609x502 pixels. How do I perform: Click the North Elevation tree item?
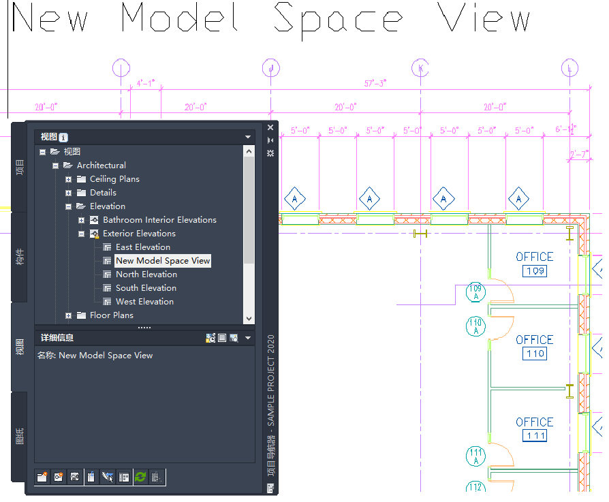(x=146, y=274)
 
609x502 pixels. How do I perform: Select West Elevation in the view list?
(x=144, y=302)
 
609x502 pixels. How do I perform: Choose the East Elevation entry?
(x=142, y=247)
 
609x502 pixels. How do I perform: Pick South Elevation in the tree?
(x=146, y=288)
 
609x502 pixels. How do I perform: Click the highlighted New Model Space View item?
(x=163, y=261)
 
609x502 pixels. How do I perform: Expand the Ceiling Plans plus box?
(x=69, y=179)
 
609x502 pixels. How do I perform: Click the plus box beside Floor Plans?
(x=69, y=315)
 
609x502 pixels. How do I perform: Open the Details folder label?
(x=103, y=193)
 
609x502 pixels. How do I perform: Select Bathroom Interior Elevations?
(x=159, y=220)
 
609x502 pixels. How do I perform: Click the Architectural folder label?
(x=101, y=166)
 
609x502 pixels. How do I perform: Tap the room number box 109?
(x=535, y=271)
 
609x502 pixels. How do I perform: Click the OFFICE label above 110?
(x=535, y=339)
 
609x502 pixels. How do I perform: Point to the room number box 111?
(x=535, y=436)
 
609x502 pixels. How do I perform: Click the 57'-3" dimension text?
(x=375, y=83)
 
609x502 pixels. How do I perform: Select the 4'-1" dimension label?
(x=146, y=83)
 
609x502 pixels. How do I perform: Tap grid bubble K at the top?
(x=420, y=68)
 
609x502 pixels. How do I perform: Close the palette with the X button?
(x=270, y=127)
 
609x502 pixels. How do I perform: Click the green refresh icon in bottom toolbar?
(x=140, y=477)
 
